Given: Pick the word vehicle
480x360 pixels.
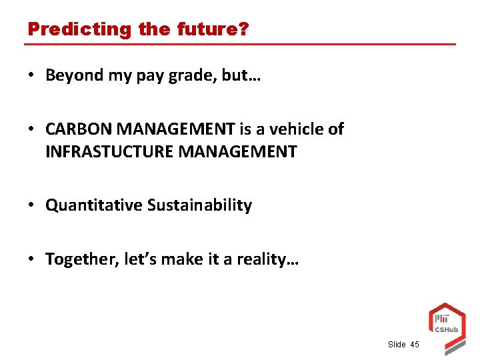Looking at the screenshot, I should [x=297, y=129].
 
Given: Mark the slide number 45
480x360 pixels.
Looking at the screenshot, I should [x=415, y=345].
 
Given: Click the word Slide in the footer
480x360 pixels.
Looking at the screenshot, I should [x=396, y=345].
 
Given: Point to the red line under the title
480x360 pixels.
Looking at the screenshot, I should [x=240, y=45].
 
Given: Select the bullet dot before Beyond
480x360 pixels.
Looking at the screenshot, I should [x=33, y=75].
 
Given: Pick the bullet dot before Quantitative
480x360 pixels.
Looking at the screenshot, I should [x=33, y=205].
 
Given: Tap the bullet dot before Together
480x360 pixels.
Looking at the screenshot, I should [x=33, y=259].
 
